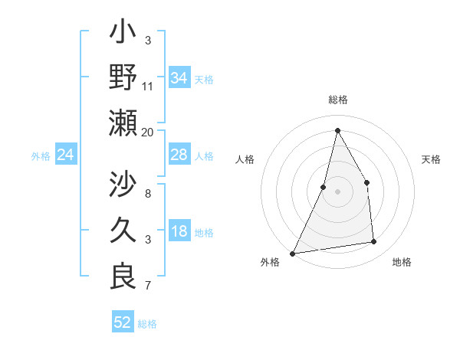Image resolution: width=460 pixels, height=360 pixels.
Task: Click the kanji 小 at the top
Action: (x=123, y=33)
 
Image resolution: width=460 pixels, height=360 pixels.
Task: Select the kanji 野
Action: (x=123, y=77)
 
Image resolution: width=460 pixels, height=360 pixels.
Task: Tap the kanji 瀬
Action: (x=123, y=123)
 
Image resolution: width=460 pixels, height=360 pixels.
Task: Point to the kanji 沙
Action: (x=123, y=185)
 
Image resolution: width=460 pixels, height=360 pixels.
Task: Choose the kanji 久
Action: (x=123, y=230)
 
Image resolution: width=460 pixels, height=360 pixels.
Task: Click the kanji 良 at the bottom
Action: (x=123, y=274)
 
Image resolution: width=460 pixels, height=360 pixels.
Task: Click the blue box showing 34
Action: (x=179, y=78)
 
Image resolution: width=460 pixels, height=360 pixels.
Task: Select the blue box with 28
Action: (x=179, y=155)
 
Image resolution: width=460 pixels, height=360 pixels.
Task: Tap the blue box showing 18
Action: (x=179, y=232)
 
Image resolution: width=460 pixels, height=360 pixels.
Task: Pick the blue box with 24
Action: (x=65, y=155)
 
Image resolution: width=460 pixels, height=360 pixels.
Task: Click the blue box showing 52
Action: (x=122, y=322)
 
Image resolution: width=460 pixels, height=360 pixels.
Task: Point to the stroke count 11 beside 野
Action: (x=148, y=86)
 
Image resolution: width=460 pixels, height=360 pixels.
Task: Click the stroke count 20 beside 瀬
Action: (x=148, y=132)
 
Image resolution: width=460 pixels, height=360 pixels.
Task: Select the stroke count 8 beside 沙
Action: (x=148, y=193)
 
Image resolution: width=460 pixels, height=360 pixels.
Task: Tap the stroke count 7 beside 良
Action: (x=148, y=286)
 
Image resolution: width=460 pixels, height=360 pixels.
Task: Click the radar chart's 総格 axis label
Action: (x=337, y=100)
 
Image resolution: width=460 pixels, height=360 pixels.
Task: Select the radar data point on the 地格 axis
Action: (x=374, y=242)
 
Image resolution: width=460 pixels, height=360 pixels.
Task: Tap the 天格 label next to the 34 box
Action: (x=204, y=79)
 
